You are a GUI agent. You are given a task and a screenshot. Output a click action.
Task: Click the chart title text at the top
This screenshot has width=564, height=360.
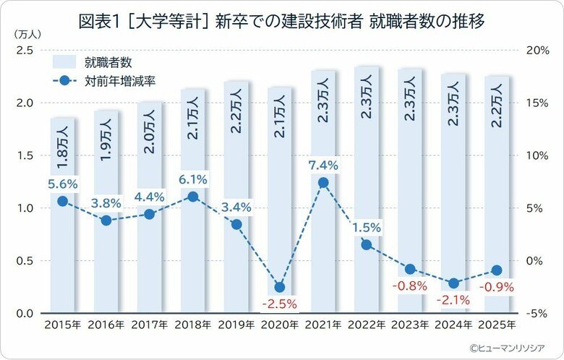(281, 22)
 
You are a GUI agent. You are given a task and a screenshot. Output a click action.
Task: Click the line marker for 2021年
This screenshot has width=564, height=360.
(323, 182)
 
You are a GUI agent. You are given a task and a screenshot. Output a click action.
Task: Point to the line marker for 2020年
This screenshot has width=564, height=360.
(280, 287)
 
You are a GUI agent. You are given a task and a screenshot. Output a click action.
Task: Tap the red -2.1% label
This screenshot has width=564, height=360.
(453, 299)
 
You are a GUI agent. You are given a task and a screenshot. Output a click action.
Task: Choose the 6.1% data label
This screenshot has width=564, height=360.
(192, 179)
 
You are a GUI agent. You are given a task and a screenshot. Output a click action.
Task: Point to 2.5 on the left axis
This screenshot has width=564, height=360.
(25, 50)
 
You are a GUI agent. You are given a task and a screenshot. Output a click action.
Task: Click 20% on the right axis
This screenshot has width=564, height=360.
(539, 50)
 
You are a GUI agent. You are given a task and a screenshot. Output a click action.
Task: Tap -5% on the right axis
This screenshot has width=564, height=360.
(539, 313)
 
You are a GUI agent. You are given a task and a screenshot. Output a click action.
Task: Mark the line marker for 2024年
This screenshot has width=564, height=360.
(453, 283)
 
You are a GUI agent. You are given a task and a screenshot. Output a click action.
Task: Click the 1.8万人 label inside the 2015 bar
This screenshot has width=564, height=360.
(63, 145)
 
